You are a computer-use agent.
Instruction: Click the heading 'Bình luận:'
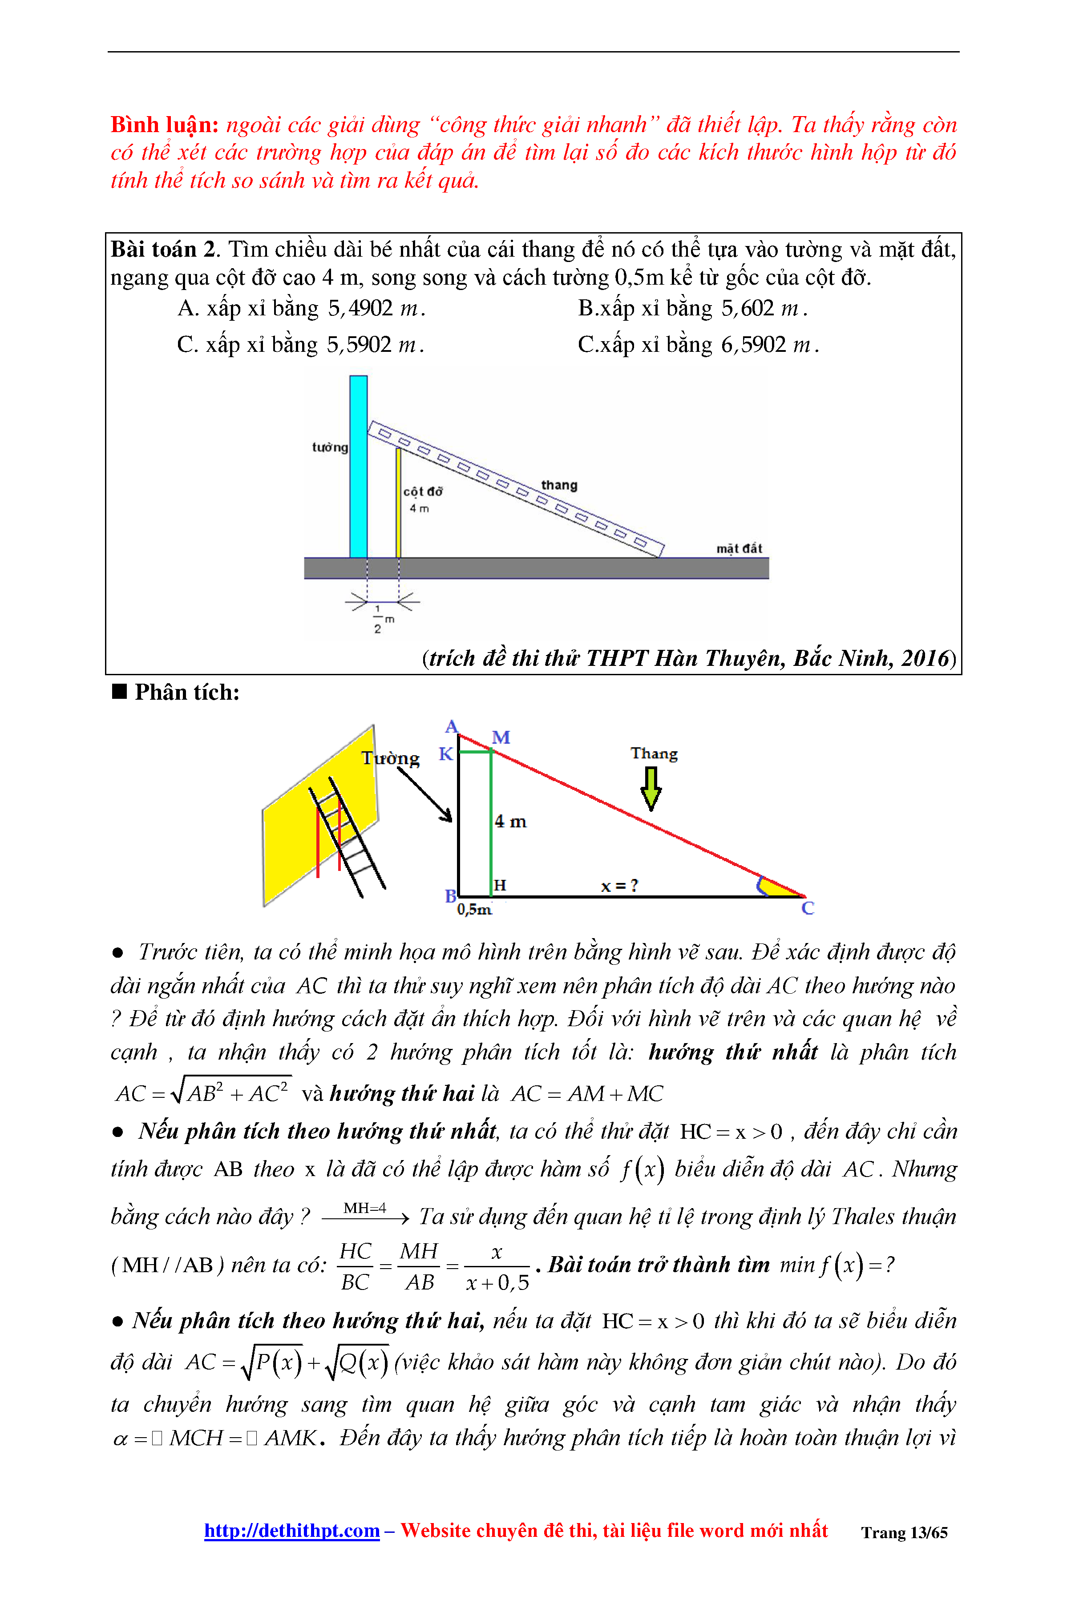164,125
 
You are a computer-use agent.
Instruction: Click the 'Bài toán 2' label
163,250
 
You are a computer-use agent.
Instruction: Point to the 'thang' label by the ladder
559,485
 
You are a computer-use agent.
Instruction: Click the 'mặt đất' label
739,548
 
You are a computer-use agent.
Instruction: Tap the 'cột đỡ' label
423,491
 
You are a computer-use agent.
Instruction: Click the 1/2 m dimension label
380,619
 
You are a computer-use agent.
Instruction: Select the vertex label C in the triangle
808,908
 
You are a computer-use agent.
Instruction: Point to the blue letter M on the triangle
501,738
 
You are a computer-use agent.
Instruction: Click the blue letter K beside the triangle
446,754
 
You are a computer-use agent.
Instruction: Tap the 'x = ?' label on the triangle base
619,886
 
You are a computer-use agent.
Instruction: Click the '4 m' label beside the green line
510,822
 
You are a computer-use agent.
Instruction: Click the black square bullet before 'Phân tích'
120,692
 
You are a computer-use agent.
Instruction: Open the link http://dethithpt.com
292,1531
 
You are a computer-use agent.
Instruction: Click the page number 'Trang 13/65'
904,1532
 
